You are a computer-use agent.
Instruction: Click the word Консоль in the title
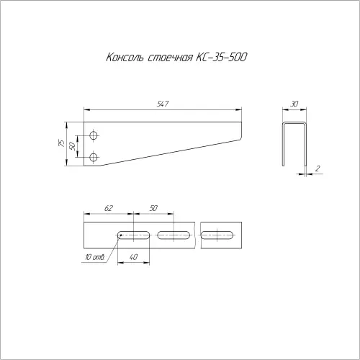(125, 58)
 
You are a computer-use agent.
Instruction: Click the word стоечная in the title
(170, 58)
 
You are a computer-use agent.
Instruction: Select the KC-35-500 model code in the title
(221, 58)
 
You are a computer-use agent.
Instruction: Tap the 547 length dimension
(163, 104)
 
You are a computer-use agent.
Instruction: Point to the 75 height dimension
(61, 143)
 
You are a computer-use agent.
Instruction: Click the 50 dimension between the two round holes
(72, 146)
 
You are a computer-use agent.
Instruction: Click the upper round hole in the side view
(94, 135)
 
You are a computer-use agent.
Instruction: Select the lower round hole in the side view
(94, 158)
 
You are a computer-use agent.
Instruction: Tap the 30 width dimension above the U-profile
(294, 104)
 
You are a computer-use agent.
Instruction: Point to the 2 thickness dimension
(318, 168)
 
